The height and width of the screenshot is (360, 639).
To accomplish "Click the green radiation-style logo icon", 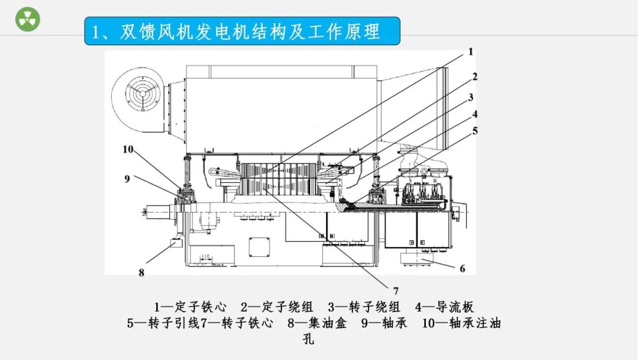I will [x=27, y=20].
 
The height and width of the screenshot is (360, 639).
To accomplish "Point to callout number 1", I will [x=471, y=52].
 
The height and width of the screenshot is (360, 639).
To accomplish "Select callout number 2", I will [x=475, y=76].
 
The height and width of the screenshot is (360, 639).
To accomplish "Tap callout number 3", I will [x=471, y=97].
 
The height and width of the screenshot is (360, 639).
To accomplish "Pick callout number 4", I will [x=475, y=114].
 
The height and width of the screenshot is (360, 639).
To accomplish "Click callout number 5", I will [x=475, y=131].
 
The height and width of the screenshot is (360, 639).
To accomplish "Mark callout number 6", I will [x=463, y=268].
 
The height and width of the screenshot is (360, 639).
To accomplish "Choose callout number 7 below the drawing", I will [x=396, y=290].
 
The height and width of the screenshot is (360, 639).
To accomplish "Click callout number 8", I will [x=141, y=273].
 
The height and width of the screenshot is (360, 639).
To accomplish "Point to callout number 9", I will [x=127, y=178].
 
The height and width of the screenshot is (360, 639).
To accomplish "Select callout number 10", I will [x=128, y=149].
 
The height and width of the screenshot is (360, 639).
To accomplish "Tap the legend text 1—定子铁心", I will [x=191, y=307].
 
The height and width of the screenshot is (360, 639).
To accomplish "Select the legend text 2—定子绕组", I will [x=277, y=307].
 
